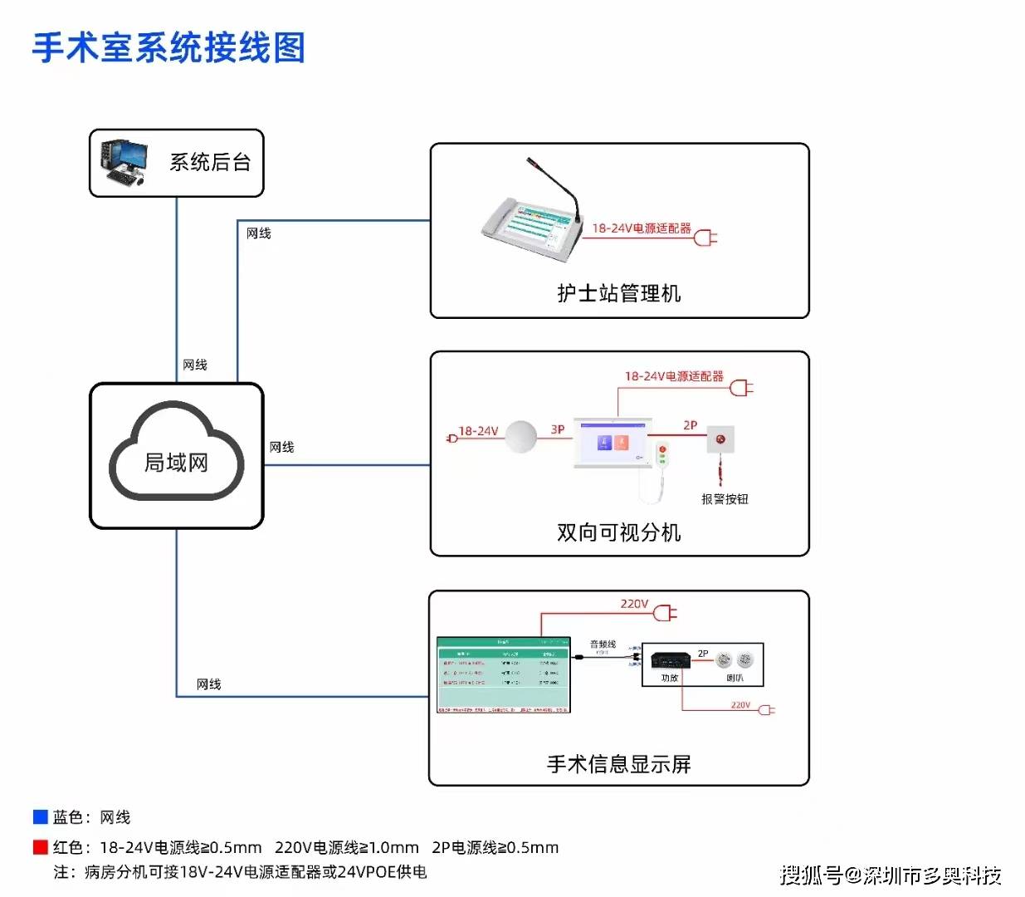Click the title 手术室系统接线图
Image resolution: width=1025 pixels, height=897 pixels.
[169, 48]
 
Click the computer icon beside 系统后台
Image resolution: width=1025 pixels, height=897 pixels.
[124, 162]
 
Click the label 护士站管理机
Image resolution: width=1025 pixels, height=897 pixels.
[619, 293]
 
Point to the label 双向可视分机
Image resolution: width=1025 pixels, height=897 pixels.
[619, 532]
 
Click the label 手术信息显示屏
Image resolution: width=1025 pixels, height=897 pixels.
[619, 764]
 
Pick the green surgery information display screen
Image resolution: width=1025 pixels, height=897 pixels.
[504, 674]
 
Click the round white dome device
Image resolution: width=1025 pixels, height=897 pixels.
[521, 437]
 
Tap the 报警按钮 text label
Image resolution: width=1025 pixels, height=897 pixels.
[725, 499]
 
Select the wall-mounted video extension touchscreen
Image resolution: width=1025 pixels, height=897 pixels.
[613, 443]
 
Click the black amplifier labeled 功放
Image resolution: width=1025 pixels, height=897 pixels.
[669, 660]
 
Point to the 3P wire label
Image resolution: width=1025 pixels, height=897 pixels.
[558, 429]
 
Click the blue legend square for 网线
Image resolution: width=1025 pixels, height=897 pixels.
[40, 817]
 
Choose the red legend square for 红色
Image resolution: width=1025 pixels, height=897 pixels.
[40, 847]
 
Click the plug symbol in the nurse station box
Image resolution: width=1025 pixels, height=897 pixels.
[705, 238]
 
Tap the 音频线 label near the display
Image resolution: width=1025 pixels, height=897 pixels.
[603, 645]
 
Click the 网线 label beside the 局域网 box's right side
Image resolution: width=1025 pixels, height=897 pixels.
[282, 447]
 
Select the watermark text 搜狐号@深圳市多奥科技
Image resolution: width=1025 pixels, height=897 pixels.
[890, 875]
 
